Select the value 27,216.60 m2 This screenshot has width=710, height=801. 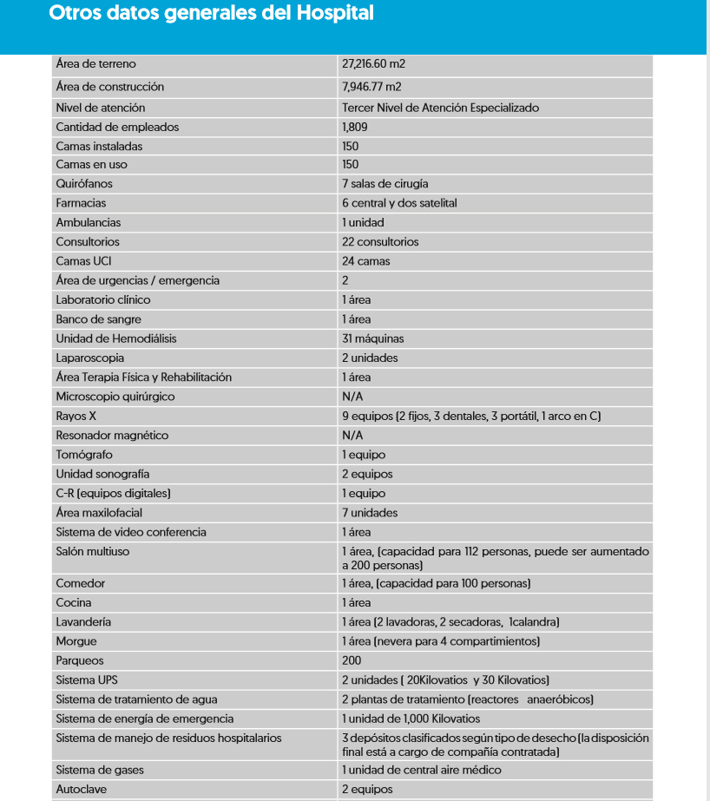pos(373,64)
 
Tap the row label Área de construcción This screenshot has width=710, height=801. pos(109,87)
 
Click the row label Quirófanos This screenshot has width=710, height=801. pos(84,184)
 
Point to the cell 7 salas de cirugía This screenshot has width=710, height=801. pos(385,184)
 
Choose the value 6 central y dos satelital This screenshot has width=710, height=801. pos(399,203)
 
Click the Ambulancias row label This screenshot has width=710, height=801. pos(89,222)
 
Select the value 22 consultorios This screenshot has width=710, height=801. pos(380,242)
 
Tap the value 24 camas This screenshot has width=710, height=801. pos(366,261)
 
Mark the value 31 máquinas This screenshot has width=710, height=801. pos(372,338)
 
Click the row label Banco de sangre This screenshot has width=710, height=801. pos(98,319)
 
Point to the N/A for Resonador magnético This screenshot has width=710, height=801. pos(352,436)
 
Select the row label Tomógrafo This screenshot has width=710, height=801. pos(84,455)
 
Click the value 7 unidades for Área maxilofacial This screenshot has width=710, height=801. pos(370,513)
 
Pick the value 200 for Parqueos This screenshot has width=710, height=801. pos(351,660)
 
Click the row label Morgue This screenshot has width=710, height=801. pos(76,641)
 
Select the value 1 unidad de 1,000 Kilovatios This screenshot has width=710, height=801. pos(411,719)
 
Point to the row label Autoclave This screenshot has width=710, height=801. pos(82,790)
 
